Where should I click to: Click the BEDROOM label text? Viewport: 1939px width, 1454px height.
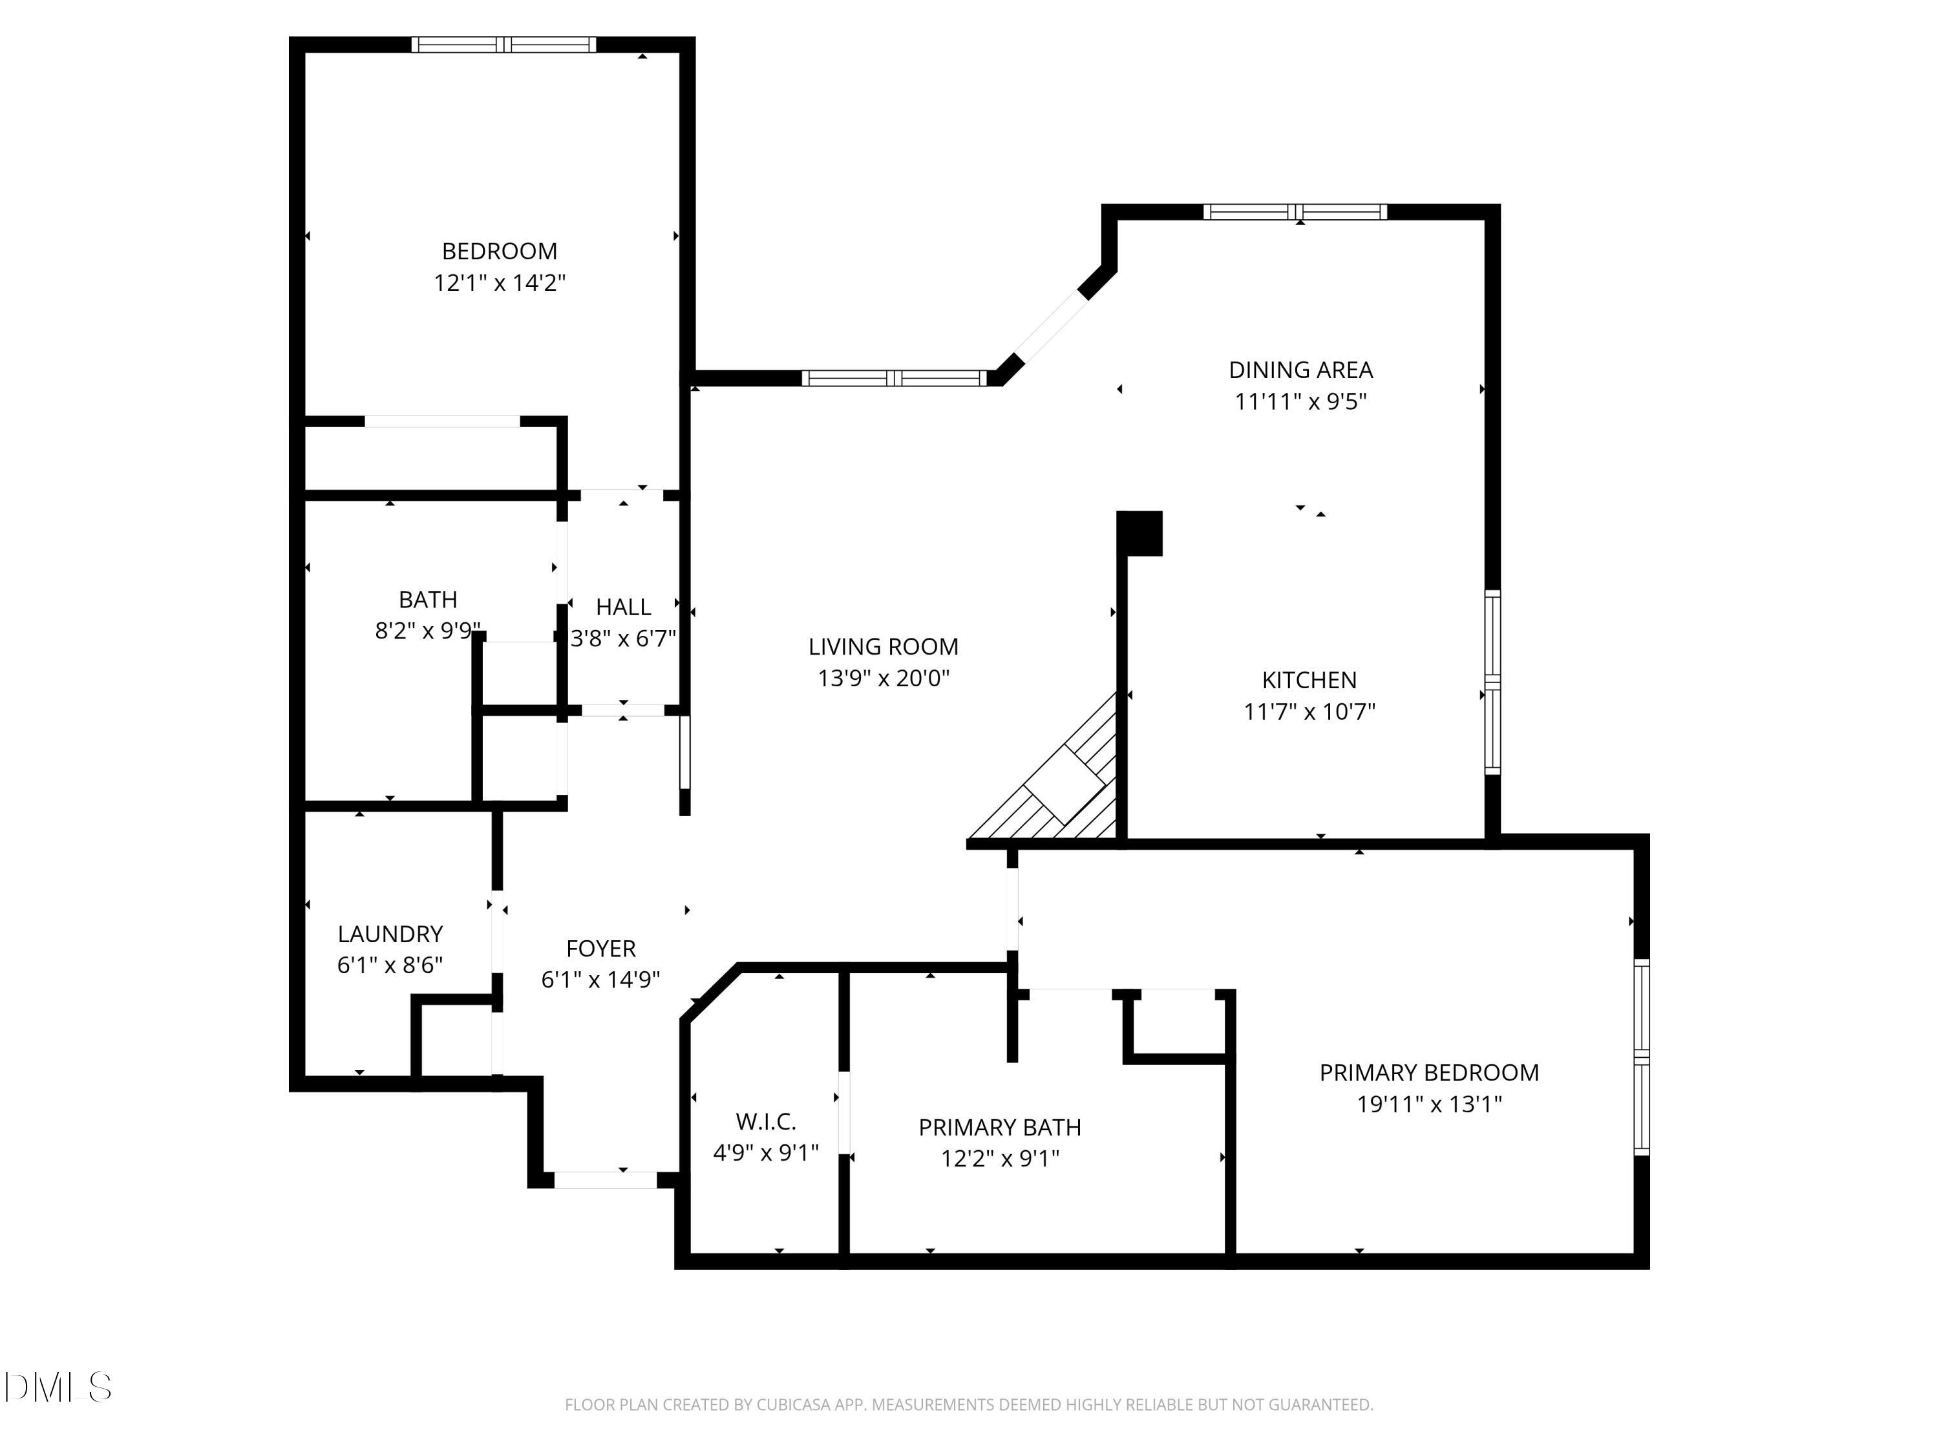(499, 251)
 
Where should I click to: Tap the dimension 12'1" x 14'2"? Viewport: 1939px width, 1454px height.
(499, 283)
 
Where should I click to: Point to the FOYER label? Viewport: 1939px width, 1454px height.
(600, 948)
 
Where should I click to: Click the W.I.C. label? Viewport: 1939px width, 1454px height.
(765, 1121)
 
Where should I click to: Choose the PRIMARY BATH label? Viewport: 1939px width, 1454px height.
(999, 1127)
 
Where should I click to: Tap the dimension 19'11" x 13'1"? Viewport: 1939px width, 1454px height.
(1429, 1104)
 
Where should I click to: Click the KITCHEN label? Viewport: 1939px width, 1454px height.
(1309, 680)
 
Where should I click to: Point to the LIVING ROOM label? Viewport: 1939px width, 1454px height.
(883, 647)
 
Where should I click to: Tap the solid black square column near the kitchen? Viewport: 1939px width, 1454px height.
(1139, 533)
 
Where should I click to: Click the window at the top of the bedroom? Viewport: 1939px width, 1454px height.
(504, 45)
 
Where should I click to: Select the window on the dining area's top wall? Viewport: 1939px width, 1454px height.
(1295, 211)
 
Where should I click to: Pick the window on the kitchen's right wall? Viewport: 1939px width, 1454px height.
(1492, 682)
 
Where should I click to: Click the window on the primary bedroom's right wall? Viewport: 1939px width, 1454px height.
(1642, 1056)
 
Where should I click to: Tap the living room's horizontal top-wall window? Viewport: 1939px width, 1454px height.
(894, 379)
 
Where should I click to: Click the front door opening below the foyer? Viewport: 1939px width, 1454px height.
(606, 1179)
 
